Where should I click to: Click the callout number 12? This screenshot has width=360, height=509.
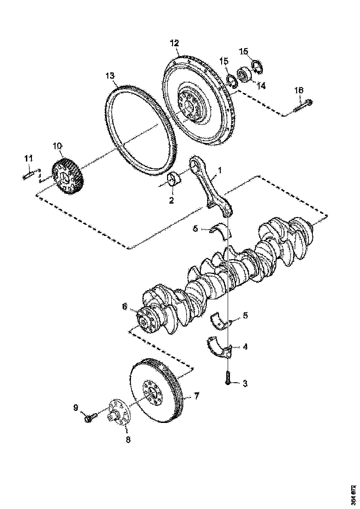point(174,43)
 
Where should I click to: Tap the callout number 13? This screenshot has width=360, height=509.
point(109,75)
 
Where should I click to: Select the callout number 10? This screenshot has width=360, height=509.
point(57,146)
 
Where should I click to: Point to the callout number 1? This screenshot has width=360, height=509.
point(220,170)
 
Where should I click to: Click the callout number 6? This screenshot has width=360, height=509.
point(124,306)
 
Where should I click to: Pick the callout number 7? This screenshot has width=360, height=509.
point(196,396)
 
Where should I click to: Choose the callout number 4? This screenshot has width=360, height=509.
point(245,346)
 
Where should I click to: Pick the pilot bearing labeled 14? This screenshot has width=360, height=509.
point(244,74)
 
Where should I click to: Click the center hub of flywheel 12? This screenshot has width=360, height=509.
point(190,105)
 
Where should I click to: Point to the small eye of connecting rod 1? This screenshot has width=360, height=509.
point(196,164)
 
